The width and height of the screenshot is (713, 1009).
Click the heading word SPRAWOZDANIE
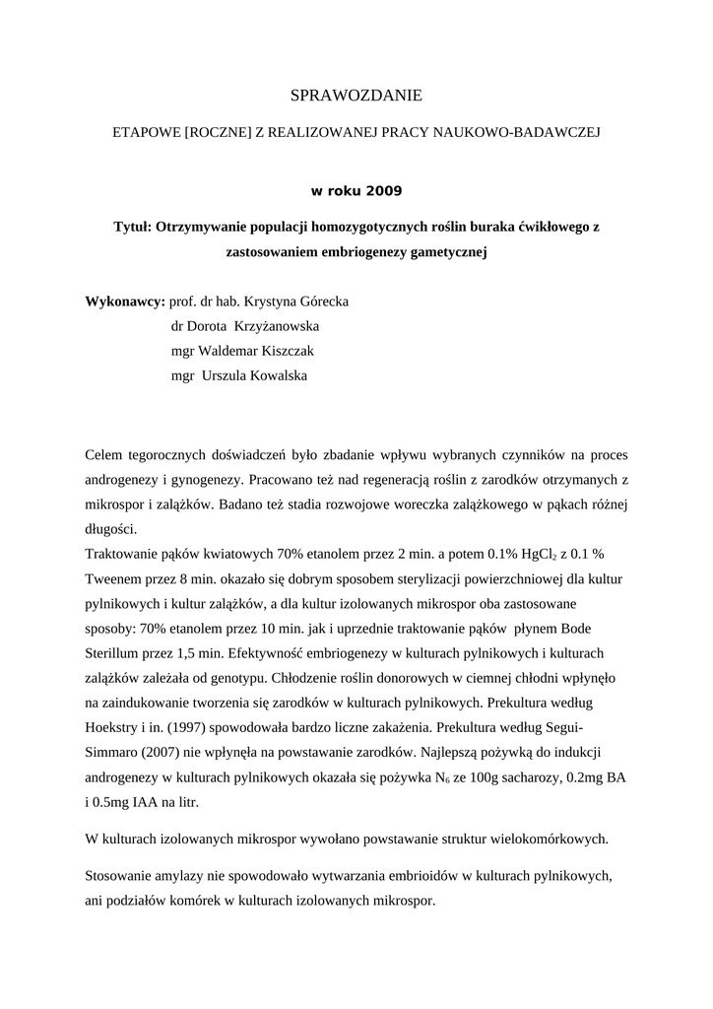(356, 96)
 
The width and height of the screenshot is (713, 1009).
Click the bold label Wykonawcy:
(125, 301)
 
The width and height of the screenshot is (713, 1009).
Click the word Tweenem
(116, 579)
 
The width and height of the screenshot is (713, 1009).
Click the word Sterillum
(115, 653)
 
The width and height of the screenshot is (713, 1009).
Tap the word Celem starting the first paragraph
(107, 455)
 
